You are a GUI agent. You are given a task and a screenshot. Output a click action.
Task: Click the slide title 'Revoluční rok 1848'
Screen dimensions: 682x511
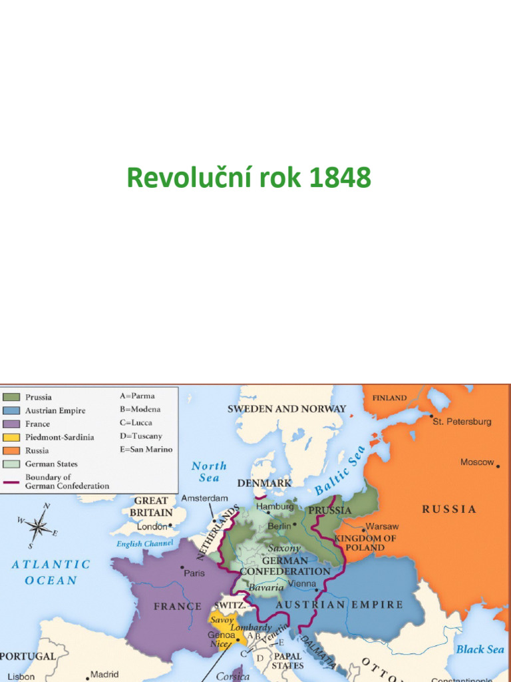click(x=249, y=178)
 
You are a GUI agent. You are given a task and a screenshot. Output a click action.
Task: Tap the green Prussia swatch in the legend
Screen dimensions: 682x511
click(x=12, y=397)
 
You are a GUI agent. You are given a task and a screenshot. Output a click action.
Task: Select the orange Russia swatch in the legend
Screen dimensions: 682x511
click(x=12, y=450)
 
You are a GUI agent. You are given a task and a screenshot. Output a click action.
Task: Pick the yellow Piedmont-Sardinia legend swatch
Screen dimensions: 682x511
click(x=12, y=437)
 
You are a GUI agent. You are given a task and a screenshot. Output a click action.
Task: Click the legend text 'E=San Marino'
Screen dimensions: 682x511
click(x=146, y=449)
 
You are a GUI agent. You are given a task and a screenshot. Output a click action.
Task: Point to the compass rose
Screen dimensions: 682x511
click(x=38, y=527)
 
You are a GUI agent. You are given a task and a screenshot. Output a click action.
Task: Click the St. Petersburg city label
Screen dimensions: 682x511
click(x=462, y=422)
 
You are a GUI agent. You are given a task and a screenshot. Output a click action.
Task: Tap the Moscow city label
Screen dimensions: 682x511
click(x=477, y=462)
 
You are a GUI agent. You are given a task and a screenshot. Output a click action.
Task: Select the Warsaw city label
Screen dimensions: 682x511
click(x=382, y=526)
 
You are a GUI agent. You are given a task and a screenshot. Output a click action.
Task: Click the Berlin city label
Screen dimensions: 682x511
click(x=280, y=525)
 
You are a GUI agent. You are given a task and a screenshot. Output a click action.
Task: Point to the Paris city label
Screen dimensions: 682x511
click(x=194, y=573)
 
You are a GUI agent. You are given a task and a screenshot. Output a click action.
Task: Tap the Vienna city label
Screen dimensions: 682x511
click(x=301, y=583)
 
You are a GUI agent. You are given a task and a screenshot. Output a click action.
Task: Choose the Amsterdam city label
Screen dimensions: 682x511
click(x=204, y=498)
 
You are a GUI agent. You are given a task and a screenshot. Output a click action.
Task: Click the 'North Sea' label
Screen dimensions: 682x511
click(x=209, y=472)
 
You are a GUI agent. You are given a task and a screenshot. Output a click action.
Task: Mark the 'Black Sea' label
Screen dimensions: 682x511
click(x=480, y=649)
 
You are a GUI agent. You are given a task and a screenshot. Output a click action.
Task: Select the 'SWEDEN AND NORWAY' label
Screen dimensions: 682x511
click(x=287, y=408)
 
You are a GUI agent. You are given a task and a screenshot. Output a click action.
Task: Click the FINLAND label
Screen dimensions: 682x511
click(x=389, y=398)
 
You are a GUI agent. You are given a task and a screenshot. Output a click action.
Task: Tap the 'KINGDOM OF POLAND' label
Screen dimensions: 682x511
click(x=365, y=543)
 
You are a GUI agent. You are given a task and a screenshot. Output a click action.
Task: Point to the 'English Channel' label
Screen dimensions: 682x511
click(x=144, y=543)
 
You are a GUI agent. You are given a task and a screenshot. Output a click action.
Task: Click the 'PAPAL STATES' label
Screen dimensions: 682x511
click(x=288, y=661)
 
